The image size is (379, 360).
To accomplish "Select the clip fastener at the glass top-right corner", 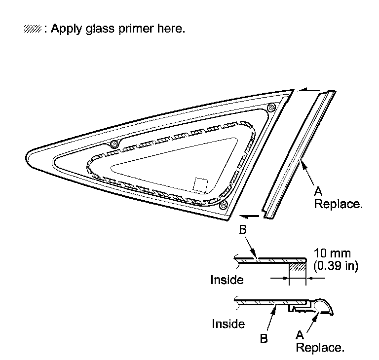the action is [x=270, y=107].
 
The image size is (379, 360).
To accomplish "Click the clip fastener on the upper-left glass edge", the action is [x=114, y=144].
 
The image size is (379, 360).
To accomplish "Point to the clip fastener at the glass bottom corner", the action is [x=224, y=204].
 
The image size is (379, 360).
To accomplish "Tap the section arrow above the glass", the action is [x=310, y=91].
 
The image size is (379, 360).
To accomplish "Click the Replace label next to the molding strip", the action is [x=338, y=204].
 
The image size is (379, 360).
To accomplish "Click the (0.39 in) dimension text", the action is [x=336, y=266].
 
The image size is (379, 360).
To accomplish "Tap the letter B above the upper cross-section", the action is [x=243, y=230].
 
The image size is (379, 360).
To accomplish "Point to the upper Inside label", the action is [x=227, y=280].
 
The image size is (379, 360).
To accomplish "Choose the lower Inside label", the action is [x=228, y=324].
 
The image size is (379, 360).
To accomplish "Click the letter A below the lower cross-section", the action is [x=299, y=335].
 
